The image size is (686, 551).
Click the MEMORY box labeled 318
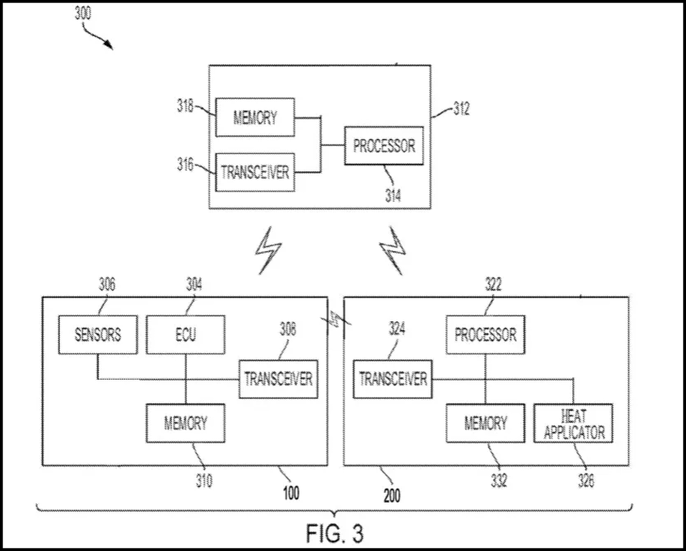[255, 117]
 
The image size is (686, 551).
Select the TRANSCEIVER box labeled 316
[255, 172]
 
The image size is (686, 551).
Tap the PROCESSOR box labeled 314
[383, 145]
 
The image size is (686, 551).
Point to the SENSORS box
[98, 335]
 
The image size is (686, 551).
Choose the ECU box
[185, 335]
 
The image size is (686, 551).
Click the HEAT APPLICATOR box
[573, 423]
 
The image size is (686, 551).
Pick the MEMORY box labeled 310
[185, 423]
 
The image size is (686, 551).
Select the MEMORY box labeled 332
[486, 423]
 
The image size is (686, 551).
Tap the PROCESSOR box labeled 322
[486, 335]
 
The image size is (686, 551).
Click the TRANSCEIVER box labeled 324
[393, 378]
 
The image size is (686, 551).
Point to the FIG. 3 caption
[333, 531]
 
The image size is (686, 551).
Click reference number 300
[83, 14]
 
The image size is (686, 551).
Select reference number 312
[461, 109]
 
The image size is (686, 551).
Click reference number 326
[584, 481]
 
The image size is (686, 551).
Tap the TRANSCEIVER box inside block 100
[278, 378]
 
